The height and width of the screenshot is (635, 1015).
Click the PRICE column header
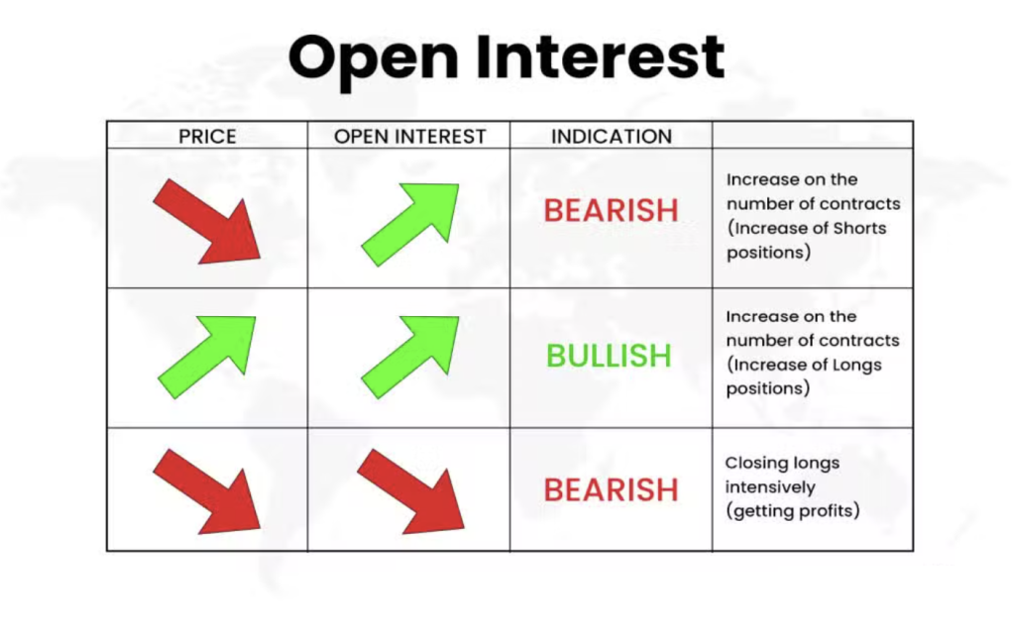tap(207, 137)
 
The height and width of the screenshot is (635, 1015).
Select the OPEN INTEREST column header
tap(409, 137)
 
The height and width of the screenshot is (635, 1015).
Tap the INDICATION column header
tap(611, 137)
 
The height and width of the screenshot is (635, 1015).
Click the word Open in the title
tap(374, 59)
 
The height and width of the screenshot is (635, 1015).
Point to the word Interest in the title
tap(600, 56)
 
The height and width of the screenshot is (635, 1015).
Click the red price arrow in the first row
tap(206, 221)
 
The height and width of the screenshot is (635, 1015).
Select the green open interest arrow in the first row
tap(409, 225)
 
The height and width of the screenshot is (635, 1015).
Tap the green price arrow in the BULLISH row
tap(206, 357)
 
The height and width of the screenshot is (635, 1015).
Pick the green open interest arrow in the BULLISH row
tap(409, 357)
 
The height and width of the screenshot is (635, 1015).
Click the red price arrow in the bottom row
tap(206, 491)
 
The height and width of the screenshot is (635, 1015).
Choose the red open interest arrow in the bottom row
tap(410, 491)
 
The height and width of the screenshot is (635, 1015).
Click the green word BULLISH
tap(609, 356)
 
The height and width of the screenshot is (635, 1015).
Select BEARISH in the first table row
tap(611, 210)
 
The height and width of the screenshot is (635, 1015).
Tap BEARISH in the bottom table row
tap(611, 489)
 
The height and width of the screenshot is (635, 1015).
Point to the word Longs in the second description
tap(857, 366)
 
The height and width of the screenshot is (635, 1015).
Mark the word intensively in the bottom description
tap(770, 487)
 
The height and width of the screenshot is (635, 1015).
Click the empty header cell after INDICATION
tap(813, 135)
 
